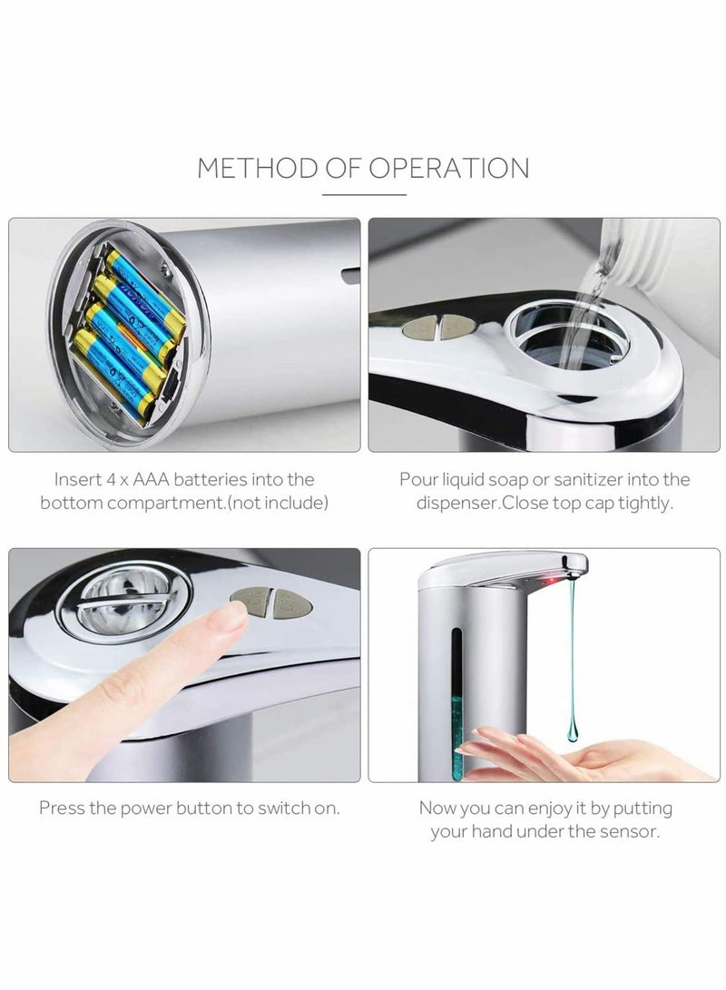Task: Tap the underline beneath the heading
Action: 363,193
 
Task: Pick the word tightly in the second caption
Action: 645,503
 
